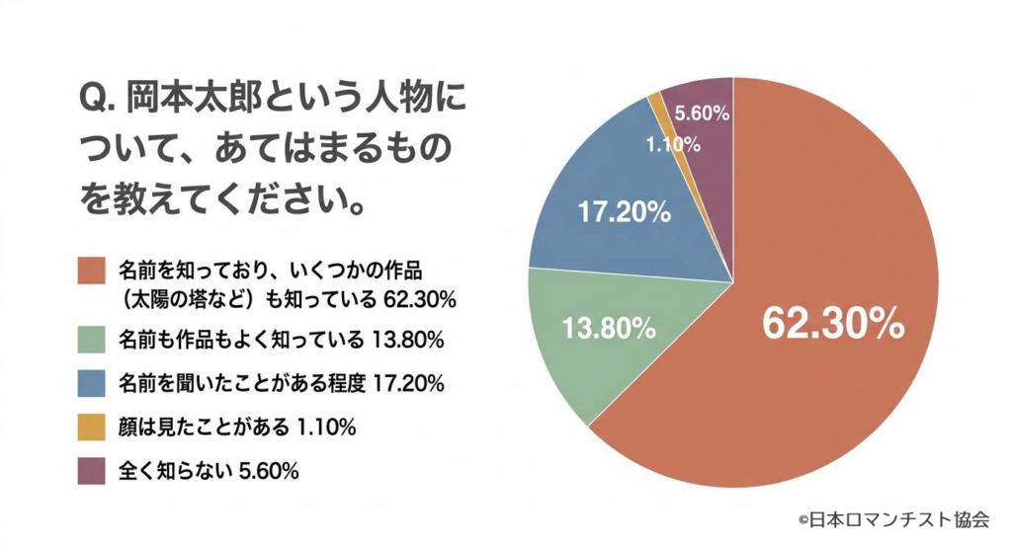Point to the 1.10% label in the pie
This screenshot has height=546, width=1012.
pyautogui.click(x=673, y=144)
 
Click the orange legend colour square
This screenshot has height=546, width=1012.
pyautogui.click(x=92, y=269)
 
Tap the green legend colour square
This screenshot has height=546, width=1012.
pyautogui.click(x=92, y=340)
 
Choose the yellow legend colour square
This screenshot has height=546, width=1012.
pyautogui.click(x=92, y=428)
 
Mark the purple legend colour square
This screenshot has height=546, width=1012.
pyautogui.click(x=92, y=471)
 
